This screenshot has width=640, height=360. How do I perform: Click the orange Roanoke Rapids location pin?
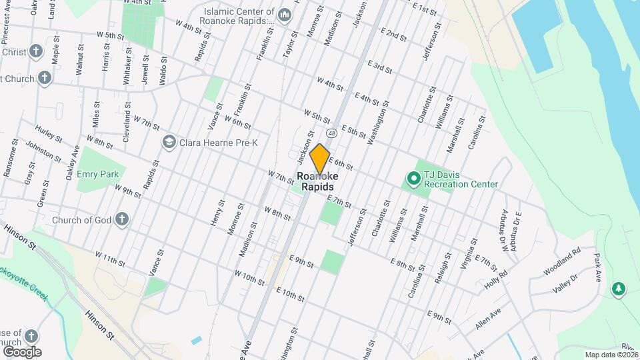pyautogui.click(x=320, y=159)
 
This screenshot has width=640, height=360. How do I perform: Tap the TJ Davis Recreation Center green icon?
pyautogui.click(x=413, y=178)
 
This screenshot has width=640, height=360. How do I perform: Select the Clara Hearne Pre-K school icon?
pyautogui.click(x=169, y=141)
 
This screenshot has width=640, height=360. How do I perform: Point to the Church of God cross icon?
pyautogui.click(x=121, y=218)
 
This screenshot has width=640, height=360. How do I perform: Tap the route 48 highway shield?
pyautogui.click(x=332, y=134)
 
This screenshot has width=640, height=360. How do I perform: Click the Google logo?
pyautogui.click(x=22, y=352)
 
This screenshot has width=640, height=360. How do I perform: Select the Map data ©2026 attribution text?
pyautogui.click(x=611, y=355)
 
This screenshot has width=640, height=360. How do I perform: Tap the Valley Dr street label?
pyautogui.click(x=565, y=287)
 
